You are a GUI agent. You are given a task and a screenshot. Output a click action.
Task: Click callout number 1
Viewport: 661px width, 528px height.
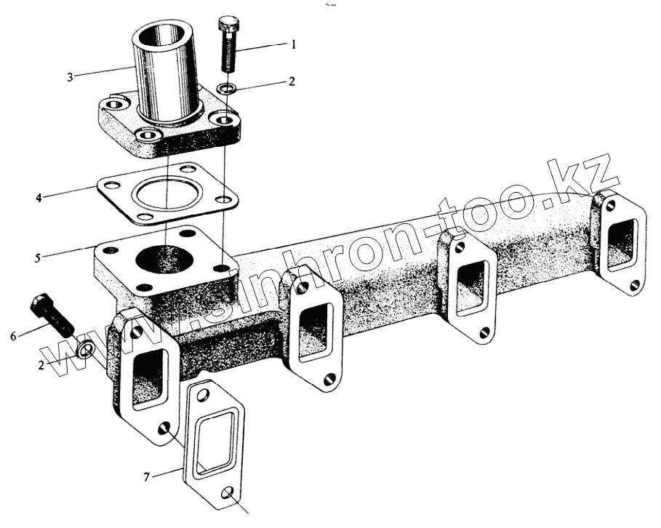[x=293, y=44]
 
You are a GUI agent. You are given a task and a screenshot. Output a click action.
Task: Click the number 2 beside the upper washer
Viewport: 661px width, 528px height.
[x=292, y=81]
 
